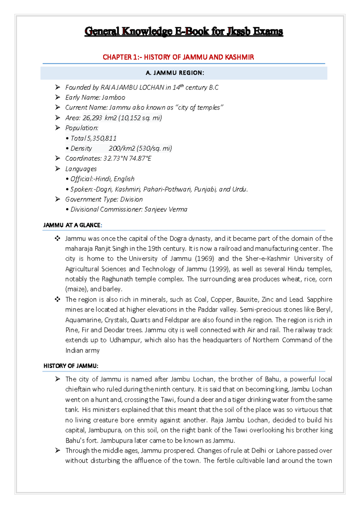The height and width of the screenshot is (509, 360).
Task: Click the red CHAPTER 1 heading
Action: pos(178,57)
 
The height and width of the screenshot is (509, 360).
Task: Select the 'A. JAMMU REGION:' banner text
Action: pos(175,73)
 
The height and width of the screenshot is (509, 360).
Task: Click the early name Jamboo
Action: pos(113,98)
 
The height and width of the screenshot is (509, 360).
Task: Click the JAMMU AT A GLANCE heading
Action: pos(72,225)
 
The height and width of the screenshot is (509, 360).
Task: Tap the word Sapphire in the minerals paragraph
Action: pos(319,300)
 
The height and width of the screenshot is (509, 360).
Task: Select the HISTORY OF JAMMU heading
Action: pos(71,366)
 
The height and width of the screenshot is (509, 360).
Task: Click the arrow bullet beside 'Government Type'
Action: pos(58,199)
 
